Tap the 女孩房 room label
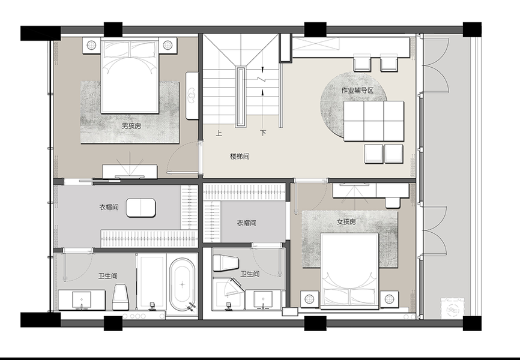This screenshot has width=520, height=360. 346,222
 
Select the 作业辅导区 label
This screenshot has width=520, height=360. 357,90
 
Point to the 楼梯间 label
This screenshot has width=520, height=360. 240,156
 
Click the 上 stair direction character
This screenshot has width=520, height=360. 219,133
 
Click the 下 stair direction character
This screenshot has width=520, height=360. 263,133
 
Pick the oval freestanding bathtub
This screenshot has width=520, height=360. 182,284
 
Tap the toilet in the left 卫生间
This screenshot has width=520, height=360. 120,296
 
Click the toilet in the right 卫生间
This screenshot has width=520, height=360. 226,263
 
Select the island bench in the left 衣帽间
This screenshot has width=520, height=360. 141,208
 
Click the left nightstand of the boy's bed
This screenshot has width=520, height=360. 91,45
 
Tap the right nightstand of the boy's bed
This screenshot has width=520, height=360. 168,45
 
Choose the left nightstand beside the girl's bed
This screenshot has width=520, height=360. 309,299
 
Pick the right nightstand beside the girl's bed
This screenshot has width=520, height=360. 389,299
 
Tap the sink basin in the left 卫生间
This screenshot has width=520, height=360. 82,300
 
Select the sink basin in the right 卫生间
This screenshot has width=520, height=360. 264,299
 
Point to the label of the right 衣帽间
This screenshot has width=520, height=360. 246,223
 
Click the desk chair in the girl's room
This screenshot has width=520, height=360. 392,202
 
